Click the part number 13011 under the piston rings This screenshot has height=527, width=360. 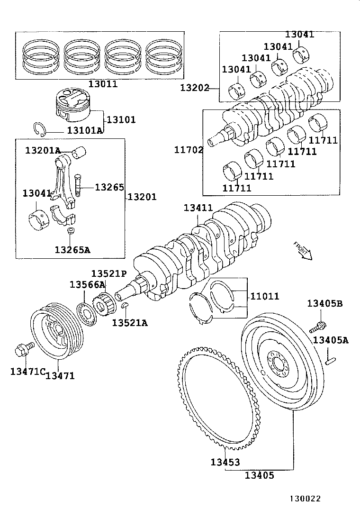pyautogui.click(x=102, y=84)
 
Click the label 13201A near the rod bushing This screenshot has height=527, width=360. pyautogui.click(x=43, y=151)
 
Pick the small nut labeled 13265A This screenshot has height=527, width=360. pyautogui.click(x=71, y=231)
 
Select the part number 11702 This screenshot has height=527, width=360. pyautogui.click(x=189, y=150)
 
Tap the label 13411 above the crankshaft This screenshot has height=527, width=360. pyautogui.click(x=198, y=208)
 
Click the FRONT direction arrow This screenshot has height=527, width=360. pyautogui.click(x=302, y=251)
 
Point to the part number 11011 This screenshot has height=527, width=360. pyautogui.click(x=264, y=296)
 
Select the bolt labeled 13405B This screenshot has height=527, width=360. pyautogui.click(x=317, y=327)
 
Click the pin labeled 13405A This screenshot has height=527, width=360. pyautogui.click(x=331, y=362)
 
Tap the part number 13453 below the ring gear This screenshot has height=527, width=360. pyautogui.click(x=225, y=462)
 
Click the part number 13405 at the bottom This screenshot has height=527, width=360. pyautogui.click(x=259, y=475)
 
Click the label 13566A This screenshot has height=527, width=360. pyautogui.click(x=87, y=284)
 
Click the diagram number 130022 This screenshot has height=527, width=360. pyautogui.click(x=306, y=499)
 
